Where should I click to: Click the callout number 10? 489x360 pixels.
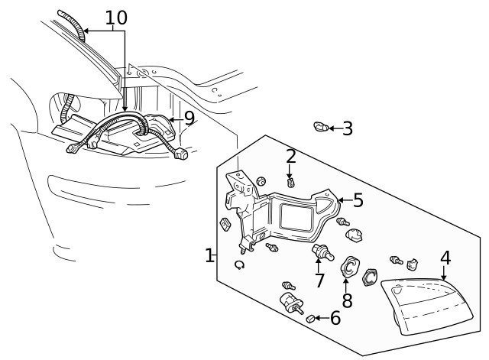pos(115,17)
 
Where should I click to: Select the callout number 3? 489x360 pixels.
pos(347,128)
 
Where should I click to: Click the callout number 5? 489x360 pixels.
pos(358,200)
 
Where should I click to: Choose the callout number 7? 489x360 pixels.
pos(319,280)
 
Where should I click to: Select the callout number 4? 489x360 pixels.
pos(445,258)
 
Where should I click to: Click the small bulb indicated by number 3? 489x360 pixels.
pos(321,127)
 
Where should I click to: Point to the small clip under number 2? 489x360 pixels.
pos(290,183)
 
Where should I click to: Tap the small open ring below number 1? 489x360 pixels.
pos(239,264)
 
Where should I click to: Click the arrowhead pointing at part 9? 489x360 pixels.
pos(172,119)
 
